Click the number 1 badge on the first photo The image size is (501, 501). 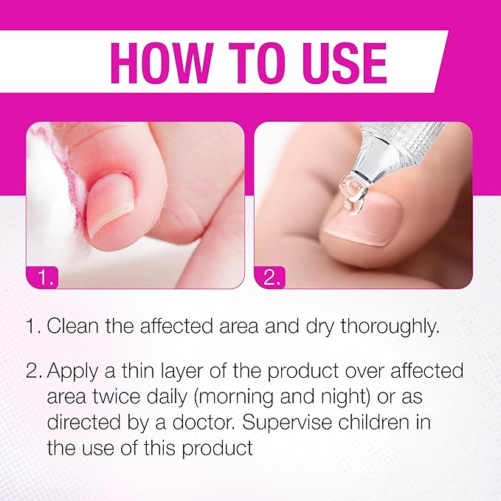coord(42,277)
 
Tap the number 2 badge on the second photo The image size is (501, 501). coord(270,277)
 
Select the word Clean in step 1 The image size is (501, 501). coord(73,326)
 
